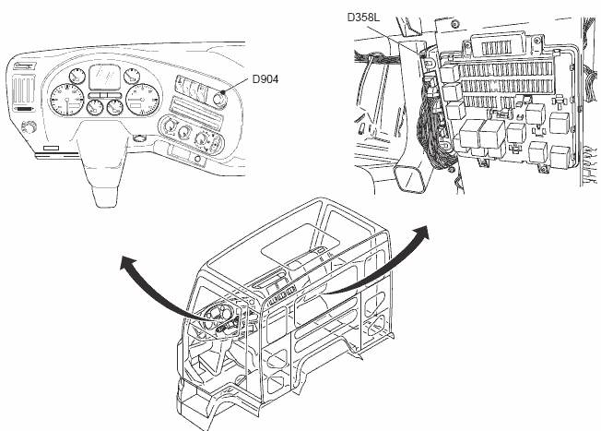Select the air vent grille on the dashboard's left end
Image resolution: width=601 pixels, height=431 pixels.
point(23,95)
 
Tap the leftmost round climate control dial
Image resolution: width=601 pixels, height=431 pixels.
point(172,126)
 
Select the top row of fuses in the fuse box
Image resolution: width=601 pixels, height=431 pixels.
point(503,68)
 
